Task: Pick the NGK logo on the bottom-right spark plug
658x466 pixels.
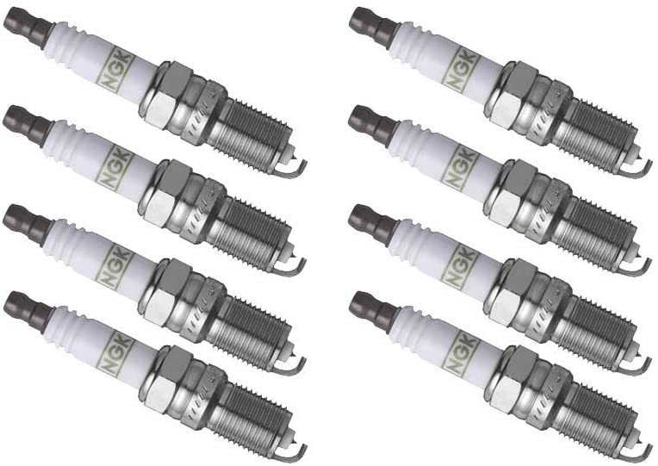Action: (x=463, y=350)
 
